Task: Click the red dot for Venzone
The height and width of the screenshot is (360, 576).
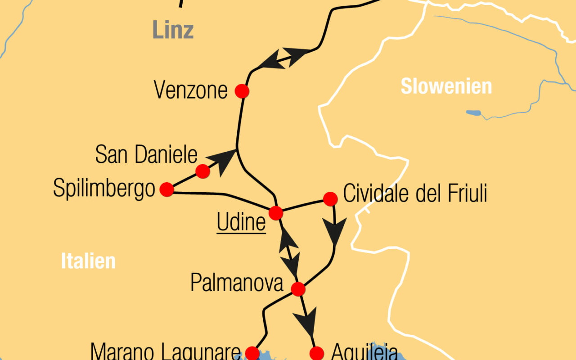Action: [242, 91]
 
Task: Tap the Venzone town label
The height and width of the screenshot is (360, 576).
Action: [191, 90]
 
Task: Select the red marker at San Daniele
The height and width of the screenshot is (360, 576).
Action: [203, 171]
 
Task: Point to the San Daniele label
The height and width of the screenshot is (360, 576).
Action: [146, 155]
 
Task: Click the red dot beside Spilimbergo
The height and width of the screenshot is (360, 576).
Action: [167, 189]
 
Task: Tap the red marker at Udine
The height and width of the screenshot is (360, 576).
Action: [275, 212]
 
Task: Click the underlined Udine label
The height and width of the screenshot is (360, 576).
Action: [241, 223]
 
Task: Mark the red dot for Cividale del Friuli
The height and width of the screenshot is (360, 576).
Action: [330, 198]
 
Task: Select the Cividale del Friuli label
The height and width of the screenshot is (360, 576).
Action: [415, 194]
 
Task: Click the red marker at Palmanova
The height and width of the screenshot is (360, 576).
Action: [298, 289]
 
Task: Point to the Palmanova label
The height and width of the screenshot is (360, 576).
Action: [237, 283]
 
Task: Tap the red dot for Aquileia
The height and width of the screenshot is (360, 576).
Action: [317, 353]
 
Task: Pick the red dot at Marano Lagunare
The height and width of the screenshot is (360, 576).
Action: [252, 352]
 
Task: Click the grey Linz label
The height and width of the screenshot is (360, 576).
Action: [173, 30]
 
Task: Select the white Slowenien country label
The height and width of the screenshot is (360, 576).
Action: [446, 86]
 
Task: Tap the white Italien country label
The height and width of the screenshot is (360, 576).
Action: [88, 261]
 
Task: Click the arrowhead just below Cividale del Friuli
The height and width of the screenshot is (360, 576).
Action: [335, 230]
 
